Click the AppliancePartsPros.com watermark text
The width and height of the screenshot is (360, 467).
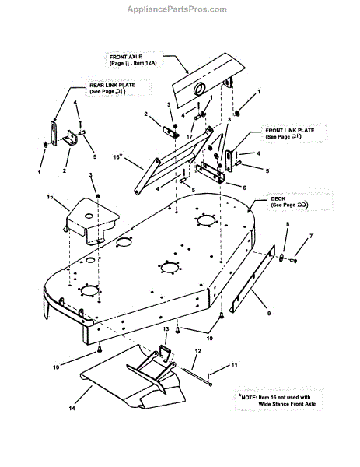coord(180,9)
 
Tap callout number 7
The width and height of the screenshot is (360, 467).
coord(312,236)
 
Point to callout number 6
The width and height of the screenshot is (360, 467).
coord(245,187)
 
